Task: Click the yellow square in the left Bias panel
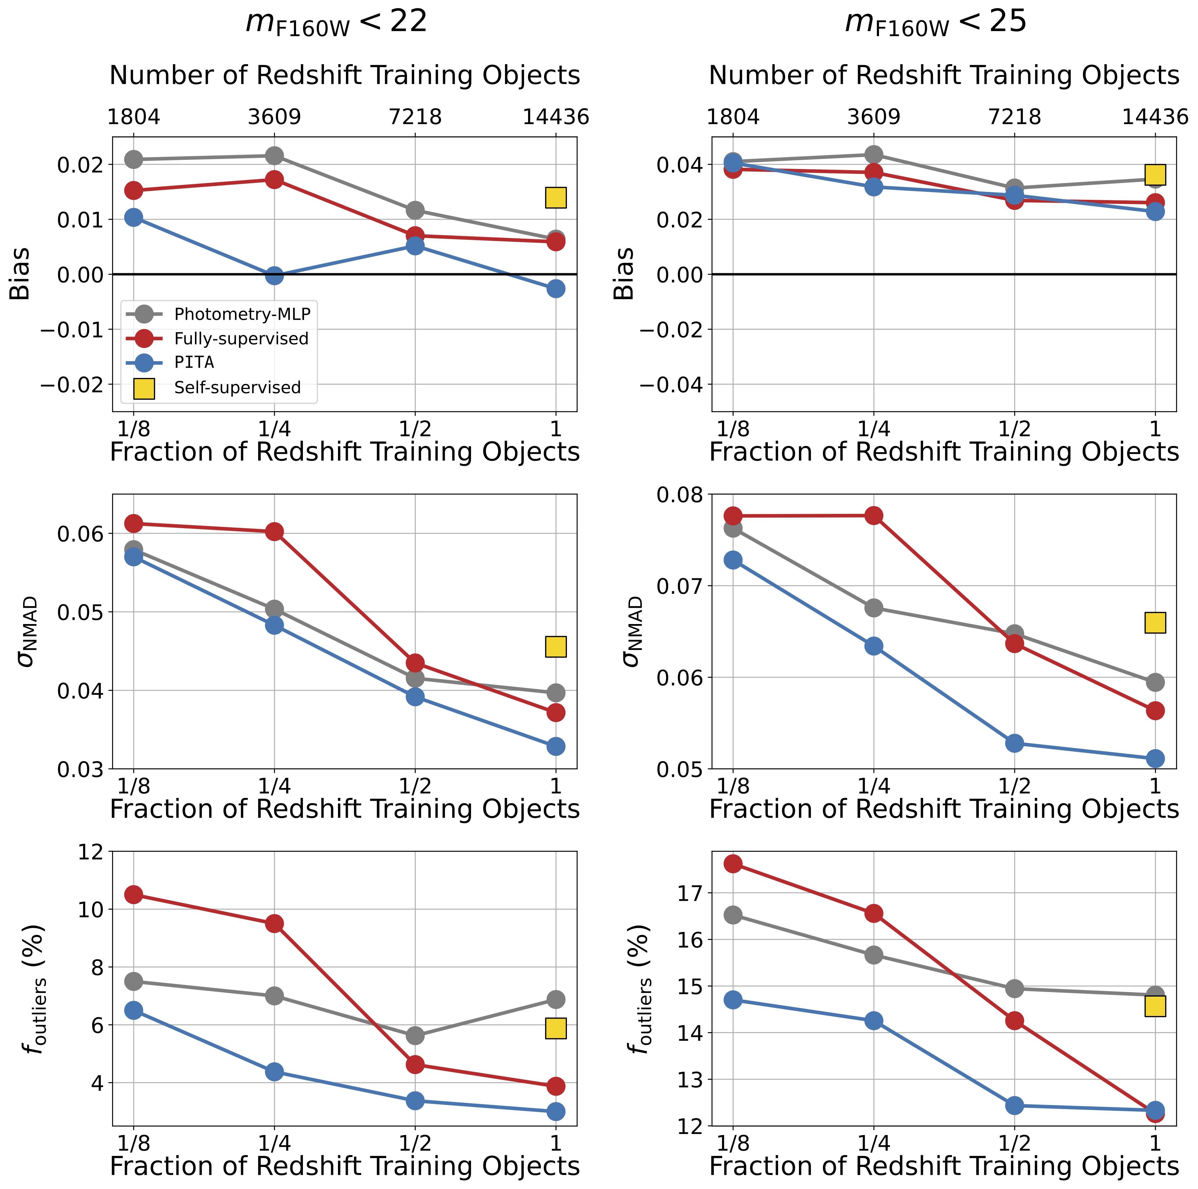point(555,198)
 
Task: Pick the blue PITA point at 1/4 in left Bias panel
point(274,275)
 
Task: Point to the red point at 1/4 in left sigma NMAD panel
point(274,532)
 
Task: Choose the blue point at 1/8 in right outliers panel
point(733,1000)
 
